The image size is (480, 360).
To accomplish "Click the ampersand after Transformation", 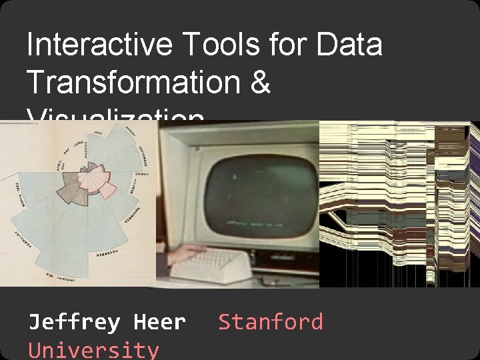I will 261,83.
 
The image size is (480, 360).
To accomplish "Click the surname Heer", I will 160,323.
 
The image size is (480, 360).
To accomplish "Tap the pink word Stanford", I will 271,323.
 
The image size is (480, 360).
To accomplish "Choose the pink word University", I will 93,349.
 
